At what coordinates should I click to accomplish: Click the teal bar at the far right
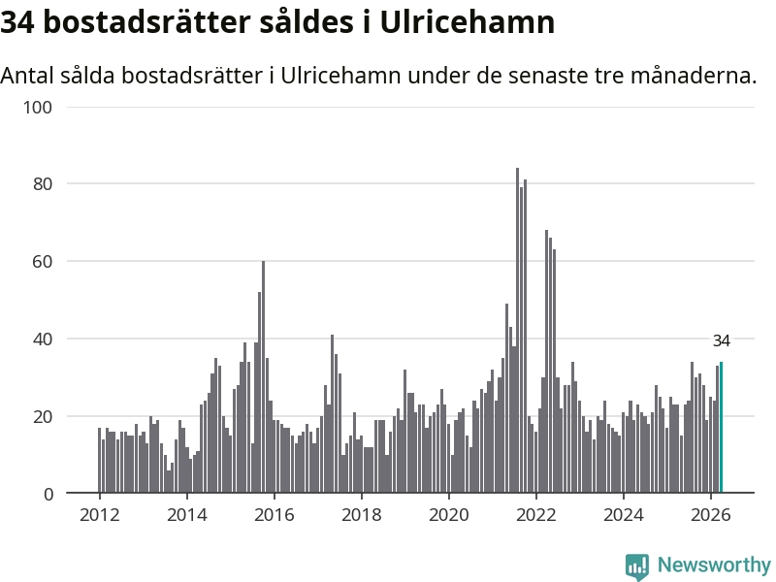(x=721, y=427)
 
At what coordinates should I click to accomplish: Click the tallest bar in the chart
(x=518, y=330)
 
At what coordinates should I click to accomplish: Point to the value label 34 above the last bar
(x=721, y=340)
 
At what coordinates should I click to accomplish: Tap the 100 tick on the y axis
(x=38, y=107)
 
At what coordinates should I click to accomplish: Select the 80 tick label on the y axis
(x=43, y=184)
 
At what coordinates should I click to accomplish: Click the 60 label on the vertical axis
(x=43, y=261)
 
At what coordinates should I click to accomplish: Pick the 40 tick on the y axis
(x=43, y=339)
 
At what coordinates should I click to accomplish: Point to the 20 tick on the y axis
(x=43, y=416)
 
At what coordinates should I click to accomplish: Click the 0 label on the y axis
(x=48, y=494)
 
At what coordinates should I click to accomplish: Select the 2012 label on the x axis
(x=100, y=515)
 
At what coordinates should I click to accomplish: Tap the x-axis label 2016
(x=275, y=515)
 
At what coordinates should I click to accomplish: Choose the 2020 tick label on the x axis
(x=449, y=515)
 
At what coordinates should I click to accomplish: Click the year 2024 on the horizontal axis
(x=624, y=515)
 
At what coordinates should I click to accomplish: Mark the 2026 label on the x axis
(x=711, y=515)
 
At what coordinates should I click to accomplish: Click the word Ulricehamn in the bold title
(x=468, y=22)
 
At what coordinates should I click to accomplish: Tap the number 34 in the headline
(x=17, y=22)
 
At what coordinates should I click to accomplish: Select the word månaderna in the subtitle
(x=694, y=76)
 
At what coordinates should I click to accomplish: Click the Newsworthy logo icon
(x=637, y=566)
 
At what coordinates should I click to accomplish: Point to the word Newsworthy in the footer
(x=714, y=565)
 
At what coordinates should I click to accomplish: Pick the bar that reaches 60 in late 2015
(x=263, y=376)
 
